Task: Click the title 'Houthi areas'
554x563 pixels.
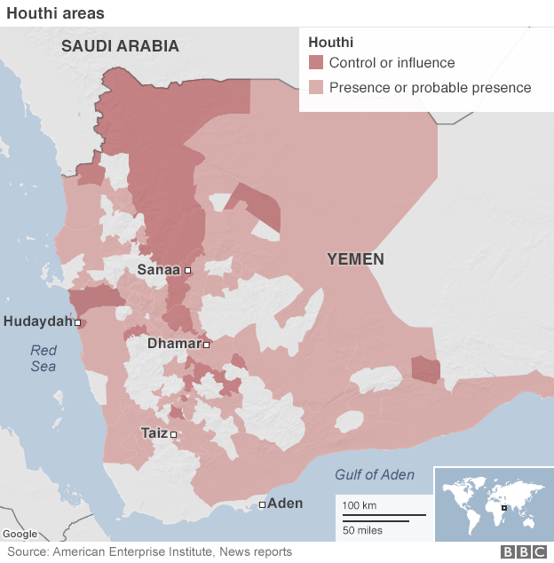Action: coord(54,13)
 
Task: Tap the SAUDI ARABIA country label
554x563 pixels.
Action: coord(120,46)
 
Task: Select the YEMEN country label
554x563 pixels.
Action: coord(355,259)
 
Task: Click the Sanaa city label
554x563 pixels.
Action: coord(159,269)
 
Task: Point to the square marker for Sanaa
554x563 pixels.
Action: coord(187,270)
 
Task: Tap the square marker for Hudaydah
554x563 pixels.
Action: coord(78,322)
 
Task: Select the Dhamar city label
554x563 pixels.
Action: coord(173,344)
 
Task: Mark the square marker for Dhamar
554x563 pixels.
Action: coord(206,345)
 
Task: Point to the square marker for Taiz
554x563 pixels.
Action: coord(174,434)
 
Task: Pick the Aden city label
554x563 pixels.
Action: coord(285,504)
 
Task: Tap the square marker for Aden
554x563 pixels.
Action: coord(262,504)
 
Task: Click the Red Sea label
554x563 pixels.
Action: coord(43,358)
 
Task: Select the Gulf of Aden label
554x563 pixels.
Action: coord(374,475)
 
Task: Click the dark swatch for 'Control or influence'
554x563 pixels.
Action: coord(316,63)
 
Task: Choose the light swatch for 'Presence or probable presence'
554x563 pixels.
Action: coord(316,87)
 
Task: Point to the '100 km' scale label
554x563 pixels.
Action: coord(359,505)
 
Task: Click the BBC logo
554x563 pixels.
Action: coord(525,552)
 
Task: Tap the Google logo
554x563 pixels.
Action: coord(20,534)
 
